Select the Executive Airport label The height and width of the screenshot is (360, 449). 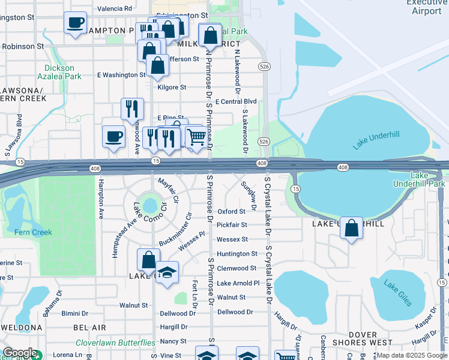(x=427, y=7)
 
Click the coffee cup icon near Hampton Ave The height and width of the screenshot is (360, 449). (x=113, y=137)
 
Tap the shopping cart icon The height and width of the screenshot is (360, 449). (x=196, y=137)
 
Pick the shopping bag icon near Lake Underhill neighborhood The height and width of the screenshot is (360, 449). (x=352, y=228)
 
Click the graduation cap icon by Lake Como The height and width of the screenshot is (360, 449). (x=167, y=272)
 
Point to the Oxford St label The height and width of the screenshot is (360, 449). (x=232, y=211)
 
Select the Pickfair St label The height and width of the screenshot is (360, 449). (x=232, y=225)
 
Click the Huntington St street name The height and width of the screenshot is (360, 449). (x=237, y=254)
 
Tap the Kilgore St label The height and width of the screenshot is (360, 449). (x=172, y=87)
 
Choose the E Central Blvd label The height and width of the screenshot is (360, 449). (x=236, y=101)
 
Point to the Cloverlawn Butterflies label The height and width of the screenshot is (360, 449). (x=115, y=343)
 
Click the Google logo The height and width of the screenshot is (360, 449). (x=19, y=353)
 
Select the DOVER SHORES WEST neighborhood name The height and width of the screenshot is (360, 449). (x=371, y=339)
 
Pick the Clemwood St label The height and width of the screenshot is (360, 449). (x=237, y=268)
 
